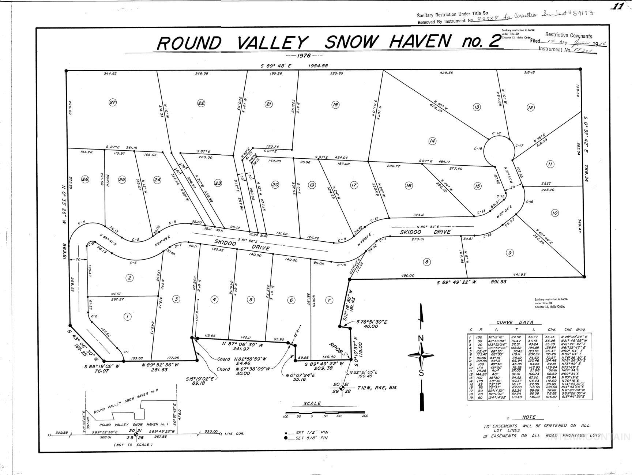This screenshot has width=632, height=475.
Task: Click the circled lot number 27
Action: [x=113, y=103]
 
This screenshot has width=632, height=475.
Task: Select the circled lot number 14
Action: [x=432, y=141]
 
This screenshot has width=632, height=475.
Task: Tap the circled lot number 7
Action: [x=329, y=300]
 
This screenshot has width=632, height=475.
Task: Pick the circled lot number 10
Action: [x=554, y=213]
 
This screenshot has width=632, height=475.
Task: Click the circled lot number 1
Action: [x=127, y=317]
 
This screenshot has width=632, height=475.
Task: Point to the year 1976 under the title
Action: [x=304, y=56]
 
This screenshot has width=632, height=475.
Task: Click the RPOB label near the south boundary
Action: [x=336, y=348]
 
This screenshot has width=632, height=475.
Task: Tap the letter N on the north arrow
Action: [x=421, y=338]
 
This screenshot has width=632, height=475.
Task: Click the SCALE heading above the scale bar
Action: [x=312, y=403]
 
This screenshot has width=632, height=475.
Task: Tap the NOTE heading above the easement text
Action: [x=528, y=417]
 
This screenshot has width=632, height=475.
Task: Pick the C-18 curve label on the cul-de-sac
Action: [x=496, y=133]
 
